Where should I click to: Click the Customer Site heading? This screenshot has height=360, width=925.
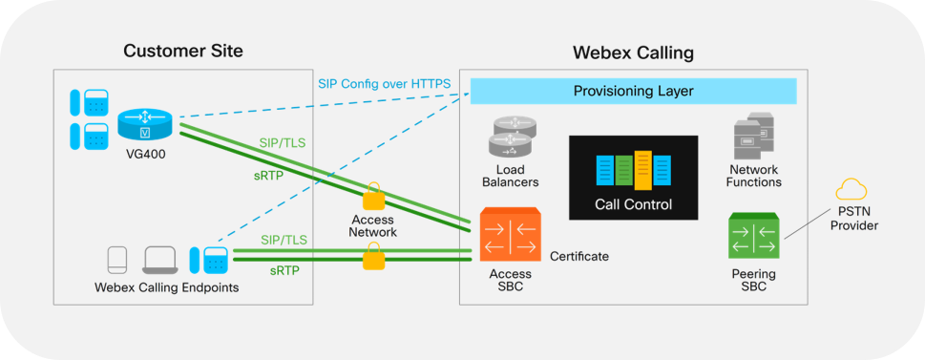(183, 51)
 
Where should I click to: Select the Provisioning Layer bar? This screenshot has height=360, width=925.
(633, 91)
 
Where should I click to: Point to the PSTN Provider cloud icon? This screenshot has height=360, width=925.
(850, 189)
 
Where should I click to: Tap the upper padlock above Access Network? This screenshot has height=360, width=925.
(373, 198)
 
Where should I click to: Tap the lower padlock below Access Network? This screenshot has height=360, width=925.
(373, 257)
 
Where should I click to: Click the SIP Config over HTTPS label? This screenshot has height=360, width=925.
(390, 84)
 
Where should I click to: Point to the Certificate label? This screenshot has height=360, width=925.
(578, 257)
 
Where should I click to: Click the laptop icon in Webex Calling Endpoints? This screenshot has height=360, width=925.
(160, 259)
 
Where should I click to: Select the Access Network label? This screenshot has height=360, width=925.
(373, 225)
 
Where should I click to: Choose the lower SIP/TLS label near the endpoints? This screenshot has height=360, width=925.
(284, 240)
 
